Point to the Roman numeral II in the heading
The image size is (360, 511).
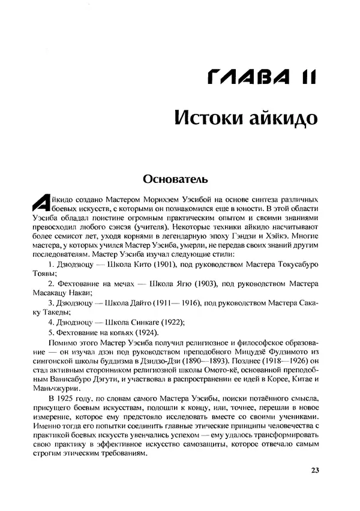302,77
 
